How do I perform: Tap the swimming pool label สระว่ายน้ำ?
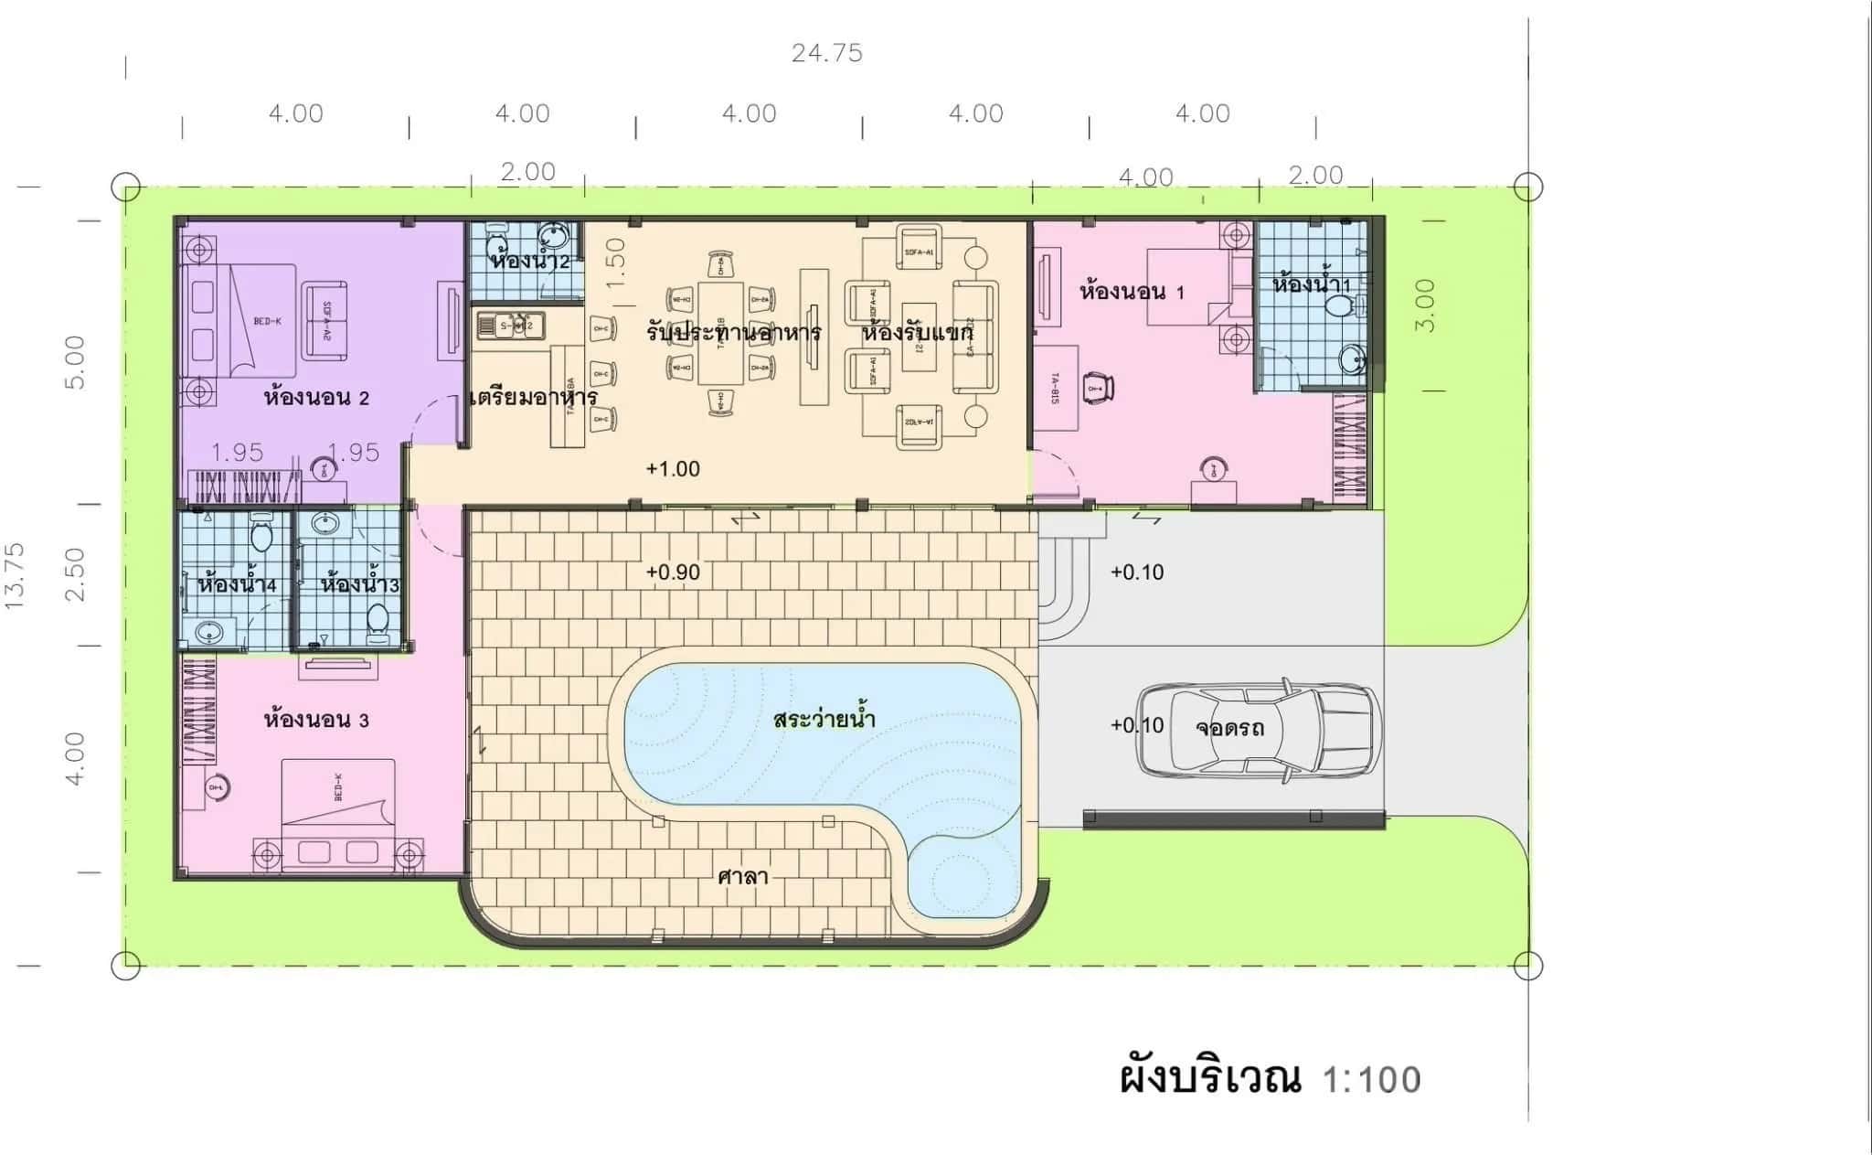click(x=824, y=720)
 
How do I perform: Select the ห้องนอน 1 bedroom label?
click(x=1132, y=293)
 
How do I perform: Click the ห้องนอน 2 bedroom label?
click(x=316, y=398)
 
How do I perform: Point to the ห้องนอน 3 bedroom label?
click(x=316, y=720)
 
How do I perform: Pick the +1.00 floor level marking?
click(x=673, y=469)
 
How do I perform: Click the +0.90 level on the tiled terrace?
click(x=673, y=572)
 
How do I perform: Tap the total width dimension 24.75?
click(x=826, y=53)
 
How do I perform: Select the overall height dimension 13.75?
click(x=15, y=575)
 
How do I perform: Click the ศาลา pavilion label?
click(x=742, y=877)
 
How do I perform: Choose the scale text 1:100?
click(x=1371, y=1080)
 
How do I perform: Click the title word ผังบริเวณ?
click(x=1210, y=1078)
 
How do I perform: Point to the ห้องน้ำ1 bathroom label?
click(x=1311, y=284)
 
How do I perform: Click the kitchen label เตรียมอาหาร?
click(x=533, y=398)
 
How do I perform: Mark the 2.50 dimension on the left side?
click(x=76, y=574)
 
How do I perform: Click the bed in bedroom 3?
click(x=338, y=814)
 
